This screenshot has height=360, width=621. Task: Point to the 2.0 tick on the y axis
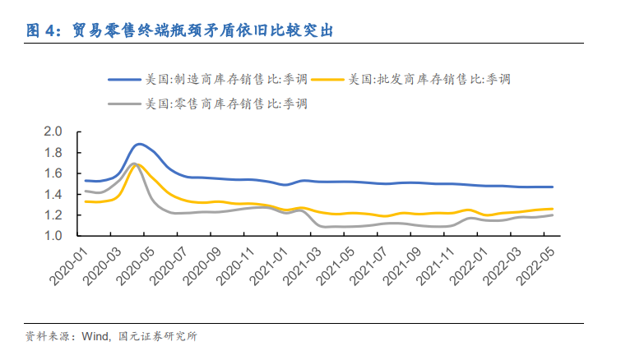pos(53,132)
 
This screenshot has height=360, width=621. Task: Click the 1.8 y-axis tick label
pos(53,153)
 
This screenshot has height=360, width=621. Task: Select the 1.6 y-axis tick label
pos(53,173)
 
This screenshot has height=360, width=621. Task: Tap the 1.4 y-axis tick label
pos(53,195)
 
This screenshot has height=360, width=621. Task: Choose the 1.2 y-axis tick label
pos(53,215)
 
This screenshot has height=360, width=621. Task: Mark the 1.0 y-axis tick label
pos(53,237)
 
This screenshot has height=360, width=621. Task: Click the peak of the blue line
pos(140,144)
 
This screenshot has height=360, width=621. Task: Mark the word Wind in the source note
pos(95,336)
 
